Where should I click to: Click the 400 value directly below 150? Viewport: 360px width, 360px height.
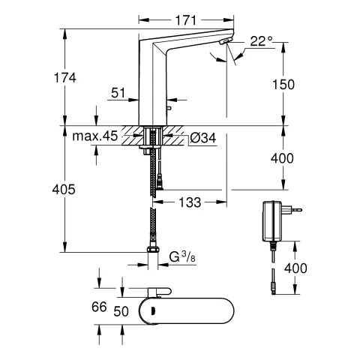pyautogui.click(x=284, y=157)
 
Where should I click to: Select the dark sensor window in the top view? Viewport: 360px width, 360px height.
pyautogui.click(x=152, y=310)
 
